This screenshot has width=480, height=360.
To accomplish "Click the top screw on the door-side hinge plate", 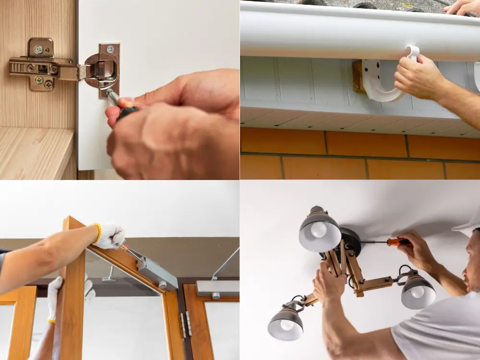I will tap(110, 49).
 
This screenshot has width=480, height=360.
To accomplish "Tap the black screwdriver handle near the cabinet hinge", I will tap(128, 112).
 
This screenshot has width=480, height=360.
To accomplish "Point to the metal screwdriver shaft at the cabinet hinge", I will tap(113, 97).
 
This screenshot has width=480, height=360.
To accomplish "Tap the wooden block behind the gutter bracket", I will tap(358, 77).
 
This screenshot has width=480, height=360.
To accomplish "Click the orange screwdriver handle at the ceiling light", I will tap(399, 242).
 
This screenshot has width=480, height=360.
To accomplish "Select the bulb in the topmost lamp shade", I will tap(318, 229).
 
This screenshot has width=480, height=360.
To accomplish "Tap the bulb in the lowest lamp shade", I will tap(287, 324).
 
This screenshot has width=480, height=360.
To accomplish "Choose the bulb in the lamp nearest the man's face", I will tap(417, 292).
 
